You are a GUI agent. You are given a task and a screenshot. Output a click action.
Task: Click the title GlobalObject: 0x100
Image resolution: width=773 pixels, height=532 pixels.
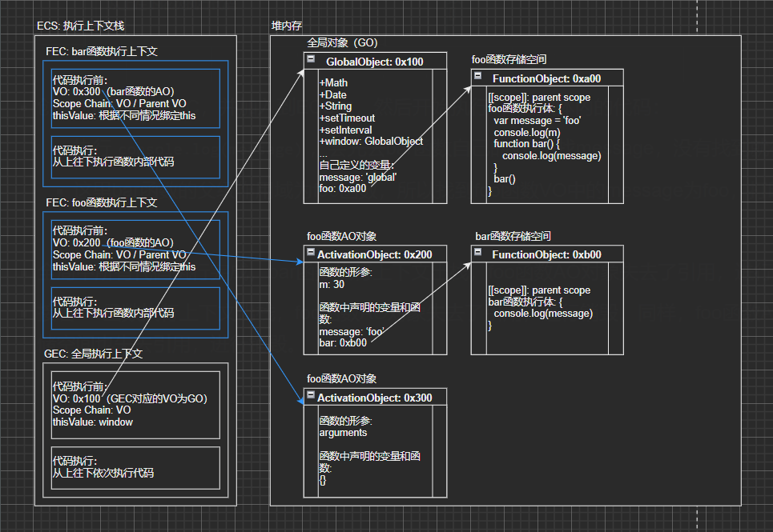[x=374, y=62]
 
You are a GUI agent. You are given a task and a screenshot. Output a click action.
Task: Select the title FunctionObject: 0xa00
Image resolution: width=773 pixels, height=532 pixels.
[x=546, y=78]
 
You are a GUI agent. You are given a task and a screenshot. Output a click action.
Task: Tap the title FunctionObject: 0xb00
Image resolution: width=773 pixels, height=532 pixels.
[x=546, y=254]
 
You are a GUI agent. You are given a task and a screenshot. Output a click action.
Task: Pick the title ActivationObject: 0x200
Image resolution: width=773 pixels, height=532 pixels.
[x=374, y=254]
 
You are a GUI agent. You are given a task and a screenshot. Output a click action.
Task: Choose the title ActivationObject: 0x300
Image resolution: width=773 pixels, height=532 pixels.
[x=374, y=398]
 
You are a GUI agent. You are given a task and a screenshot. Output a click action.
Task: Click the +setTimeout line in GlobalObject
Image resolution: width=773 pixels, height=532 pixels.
[x=347, y=118]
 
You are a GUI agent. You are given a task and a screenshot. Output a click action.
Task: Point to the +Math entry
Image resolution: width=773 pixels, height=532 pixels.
[x=333, y=82]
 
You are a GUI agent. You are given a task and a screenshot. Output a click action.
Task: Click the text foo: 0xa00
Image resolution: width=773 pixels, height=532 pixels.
[x=343, y=188]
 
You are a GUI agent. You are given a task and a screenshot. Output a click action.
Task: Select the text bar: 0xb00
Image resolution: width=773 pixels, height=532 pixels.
[x=343, y=342]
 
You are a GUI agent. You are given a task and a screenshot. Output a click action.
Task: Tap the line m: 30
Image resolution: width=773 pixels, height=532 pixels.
[x=332, y=284]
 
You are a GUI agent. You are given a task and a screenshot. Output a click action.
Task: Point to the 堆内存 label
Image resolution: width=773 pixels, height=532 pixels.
[x=287, y=26]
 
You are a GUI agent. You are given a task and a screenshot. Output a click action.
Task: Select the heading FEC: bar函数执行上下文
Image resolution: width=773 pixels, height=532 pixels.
[x=102, y=51]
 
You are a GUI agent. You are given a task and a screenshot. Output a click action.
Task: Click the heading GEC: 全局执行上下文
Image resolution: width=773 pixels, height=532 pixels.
[x=94, y=354]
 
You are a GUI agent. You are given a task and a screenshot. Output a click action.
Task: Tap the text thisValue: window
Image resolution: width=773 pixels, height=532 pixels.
[x=93, y=422]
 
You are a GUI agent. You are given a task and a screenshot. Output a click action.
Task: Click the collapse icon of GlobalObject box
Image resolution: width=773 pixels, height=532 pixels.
[x=311, y=61]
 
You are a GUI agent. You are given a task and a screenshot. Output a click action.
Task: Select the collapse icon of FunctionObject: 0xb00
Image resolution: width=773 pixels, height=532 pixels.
[x=478, y=254]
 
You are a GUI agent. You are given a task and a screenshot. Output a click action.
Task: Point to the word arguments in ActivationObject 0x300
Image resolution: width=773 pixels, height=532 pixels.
[x=343, y=432]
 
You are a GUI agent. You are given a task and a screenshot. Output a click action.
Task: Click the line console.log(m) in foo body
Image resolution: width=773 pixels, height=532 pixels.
[x=526, y=132]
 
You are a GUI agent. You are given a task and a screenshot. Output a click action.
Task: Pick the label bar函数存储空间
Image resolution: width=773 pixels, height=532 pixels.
[x=513, y=236]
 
